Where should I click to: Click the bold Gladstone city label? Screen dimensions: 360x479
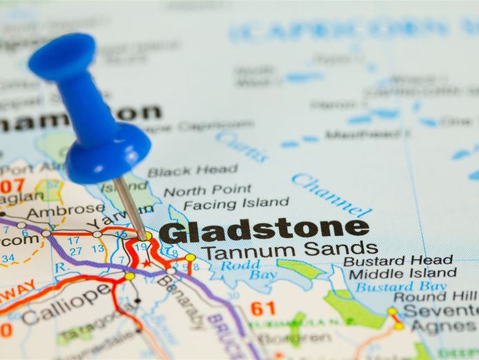[x=264, y=231]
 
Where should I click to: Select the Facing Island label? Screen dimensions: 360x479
[x=236, y=203]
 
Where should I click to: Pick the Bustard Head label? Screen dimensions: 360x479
[x=398, y=261]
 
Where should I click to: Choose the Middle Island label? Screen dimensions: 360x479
[x=402, y=273]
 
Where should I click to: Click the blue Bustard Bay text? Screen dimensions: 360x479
[x=401, y=286]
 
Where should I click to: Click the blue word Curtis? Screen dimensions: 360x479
[x=241, y=146]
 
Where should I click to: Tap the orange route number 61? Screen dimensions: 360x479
[x=263, y=308]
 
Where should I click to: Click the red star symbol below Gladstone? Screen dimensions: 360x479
[x=146, y=263]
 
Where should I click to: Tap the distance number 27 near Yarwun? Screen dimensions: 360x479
[x=75, y=251]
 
